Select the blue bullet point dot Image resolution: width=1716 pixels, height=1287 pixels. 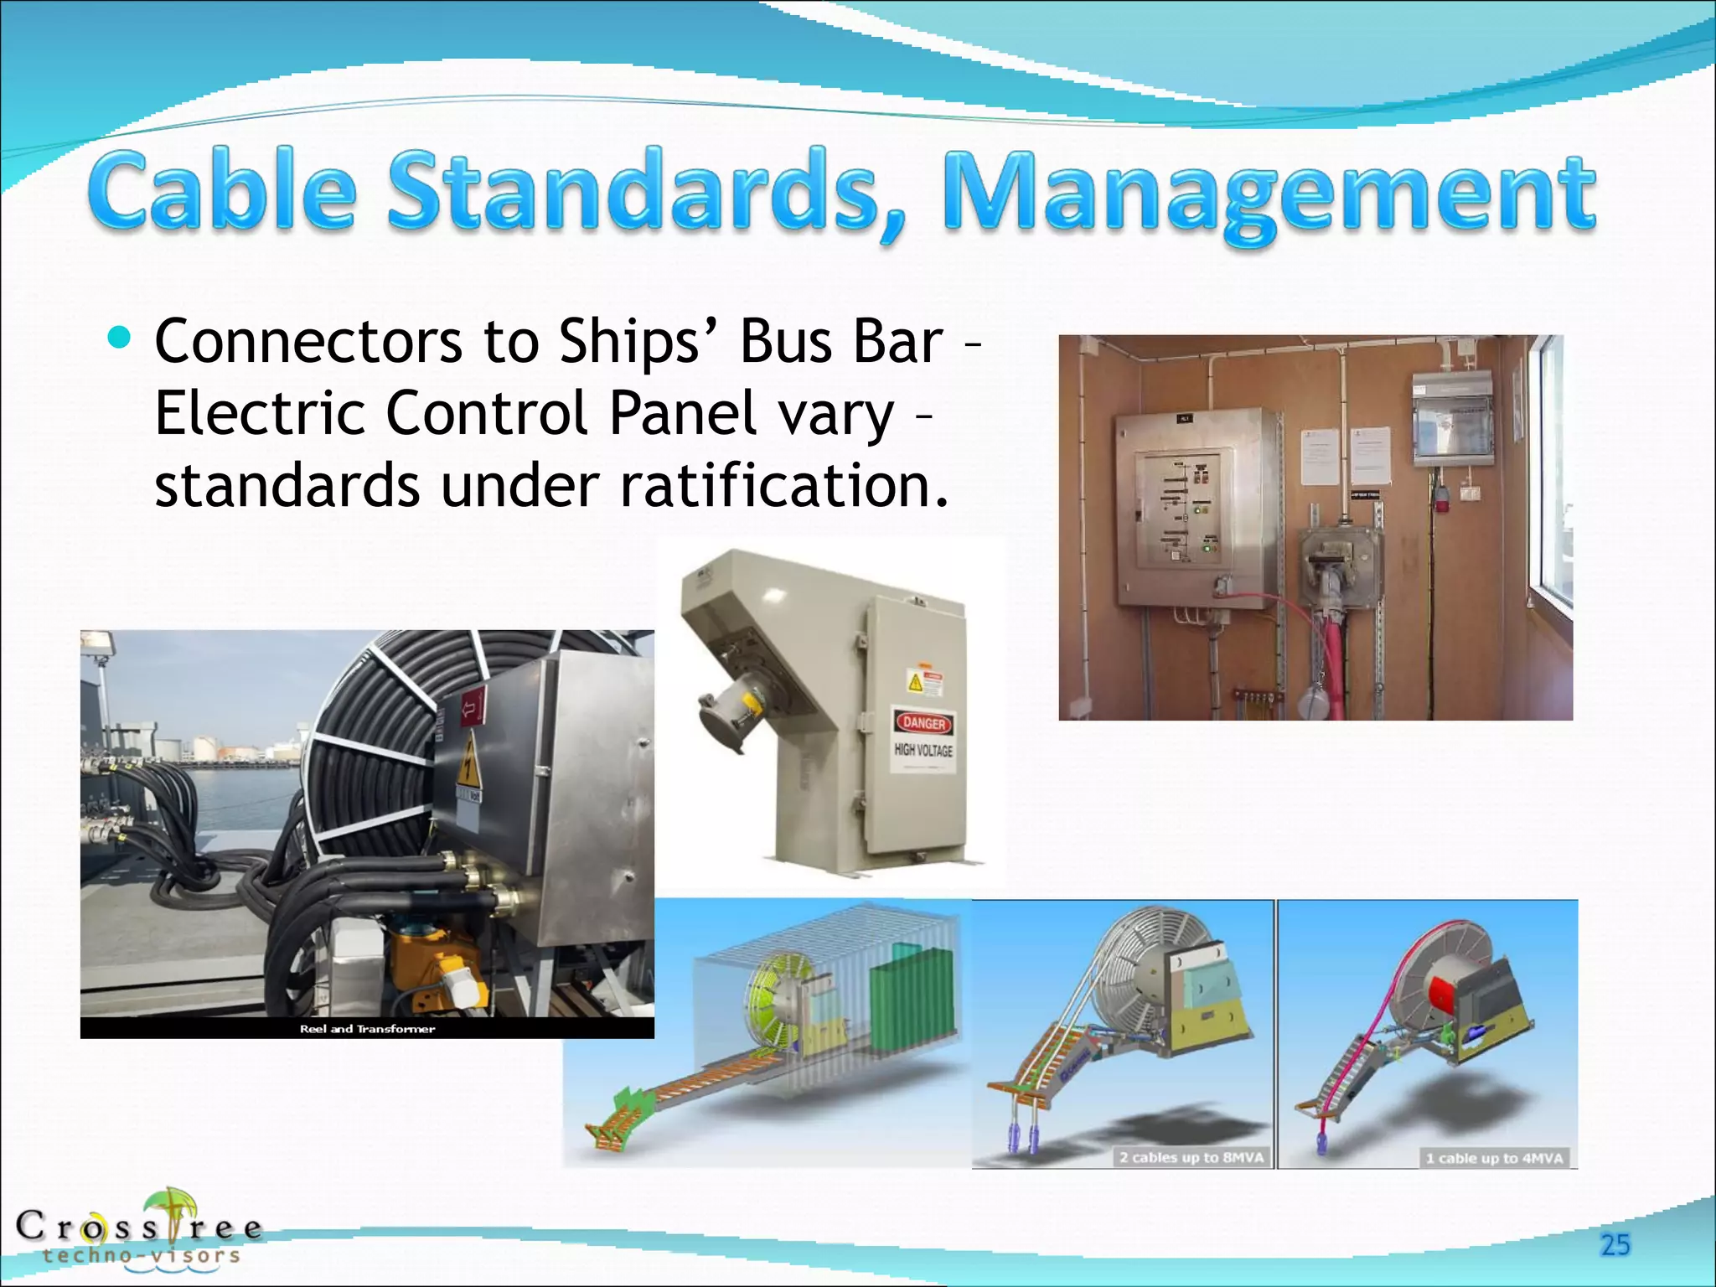(120, 338)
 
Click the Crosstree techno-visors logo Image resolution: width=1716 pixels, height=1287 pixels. (138, 1228)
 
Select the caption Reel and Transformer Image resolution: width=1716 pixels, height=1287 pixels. (367, 1029)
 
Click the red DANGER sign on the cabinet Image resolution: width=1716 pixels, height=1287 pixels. (924, 723)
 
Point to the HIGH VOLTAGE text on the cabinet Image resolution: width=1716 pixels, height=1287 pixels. (923, 750)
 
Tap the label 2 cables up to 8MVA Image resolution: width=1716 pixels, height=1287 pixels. (1191, 1158)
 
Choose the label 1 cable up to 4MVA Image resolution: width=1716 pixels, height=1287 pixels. (1494, 1158)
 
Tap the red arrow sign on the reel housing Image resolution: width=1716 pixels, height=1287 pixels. (473, 709)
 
